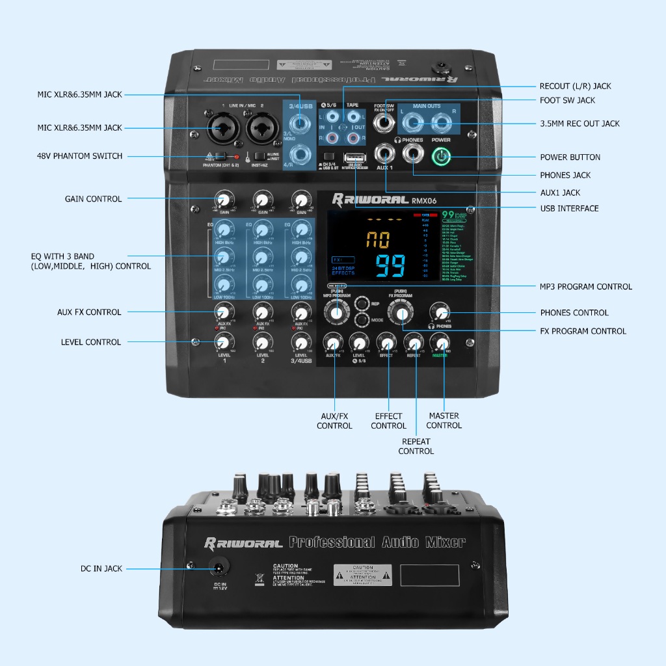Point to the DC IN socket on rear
click(218, 568)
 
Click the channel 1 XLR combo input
click(219, 125)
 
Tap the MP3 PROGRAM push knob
click(336, 313)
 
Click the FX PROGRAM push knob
click(401, 315)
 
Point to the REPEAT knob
click(414, 342)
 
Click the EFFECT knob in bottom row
click(386, 343)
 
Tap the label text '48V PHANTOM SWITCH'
click(79, 156)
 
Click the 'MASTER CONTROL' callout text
click(444, 421)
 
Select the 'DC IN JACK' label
click(101, 568)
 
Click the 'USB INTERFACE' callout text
click(569, 208)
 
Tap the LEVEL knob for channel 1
click(224, 341)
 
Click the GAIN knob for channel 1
click(224, 199)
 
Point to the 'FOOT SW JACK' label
click(567, 100)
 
